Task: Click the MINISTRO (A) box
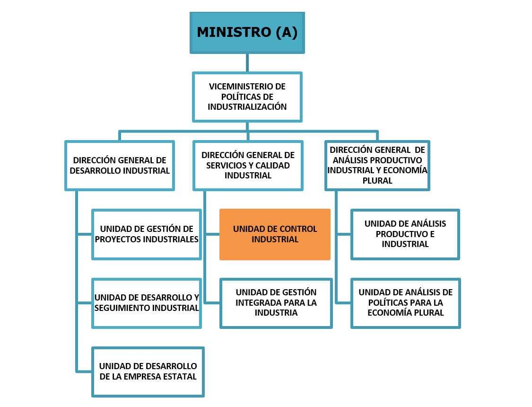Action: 247,33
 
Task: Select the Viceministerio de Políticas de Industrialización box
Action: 247,97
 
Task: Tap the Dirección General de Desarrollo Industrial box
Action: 120,166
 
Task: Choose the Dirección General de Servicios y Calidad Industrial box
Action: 248,166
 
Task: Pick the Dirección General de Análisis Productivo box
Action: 377,166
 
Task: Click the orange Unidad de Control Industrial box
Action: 275,234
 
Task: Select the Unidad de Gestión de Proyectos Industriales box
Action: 147,234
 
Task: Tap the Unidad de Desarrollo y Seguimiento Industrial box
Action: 147,303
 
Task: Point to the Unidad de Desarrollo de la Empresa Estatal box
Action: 148,372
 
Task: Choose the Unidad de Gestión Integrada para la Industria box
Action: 276,303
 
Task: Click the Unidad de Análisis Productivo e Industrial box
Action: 405,234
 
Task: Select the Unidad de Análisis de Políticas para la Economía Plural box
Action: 405,303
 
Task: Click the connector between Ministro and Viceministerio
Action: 247,63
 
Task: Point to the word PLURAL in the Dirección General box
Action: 377,181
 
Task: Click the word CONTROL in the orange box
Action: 298,229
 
